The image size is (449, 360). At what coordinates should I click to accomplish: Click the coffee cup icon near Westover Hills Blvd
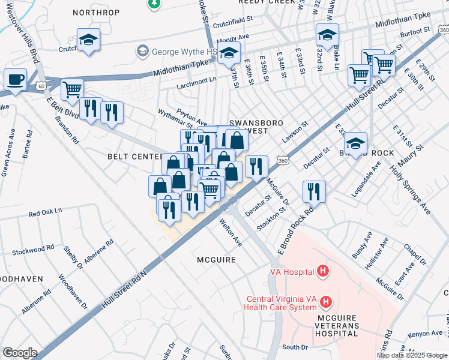point(15,79)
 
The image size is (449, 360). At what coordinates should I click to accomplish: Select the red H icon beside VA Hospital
point(323,271)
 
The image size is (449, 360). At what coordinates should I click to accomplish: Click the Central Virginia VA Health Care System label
point(280,304)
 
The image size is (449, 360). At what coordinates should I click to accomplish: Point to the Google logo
point(20,353)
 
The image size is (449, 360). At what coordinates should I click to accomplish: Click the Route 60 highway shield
point(41,86)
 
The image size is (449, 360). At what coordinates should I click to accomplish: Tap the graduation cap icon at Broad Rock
point(355,143)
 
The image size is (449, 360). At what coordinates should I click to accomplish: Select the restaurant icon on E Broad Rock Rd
point(314,191)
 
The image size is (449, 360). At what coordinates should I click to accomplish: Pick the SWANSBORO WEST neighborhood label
point(256,127)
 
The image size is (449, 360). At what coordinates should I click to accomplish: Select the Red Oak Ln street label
point(46,213)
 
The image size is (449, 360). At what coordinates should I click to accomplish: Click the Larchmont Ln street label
point(196,80)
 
